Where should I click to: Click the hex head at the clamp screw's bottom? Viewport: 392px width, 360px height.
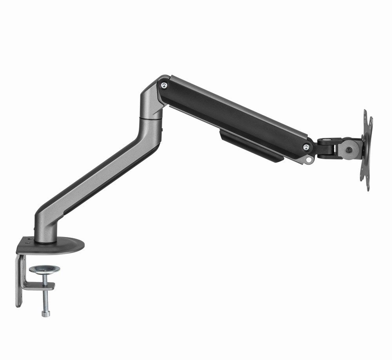46,313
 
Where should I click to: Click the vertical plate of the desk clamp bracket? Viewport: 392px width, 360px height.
19,280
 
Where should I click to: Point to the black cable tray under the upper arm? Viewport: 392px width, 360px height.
251,145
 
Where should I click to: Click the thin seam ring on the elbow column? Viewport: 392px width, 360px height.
151,117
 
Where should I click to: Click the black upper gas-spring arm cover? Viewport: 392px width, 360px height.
235,118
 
